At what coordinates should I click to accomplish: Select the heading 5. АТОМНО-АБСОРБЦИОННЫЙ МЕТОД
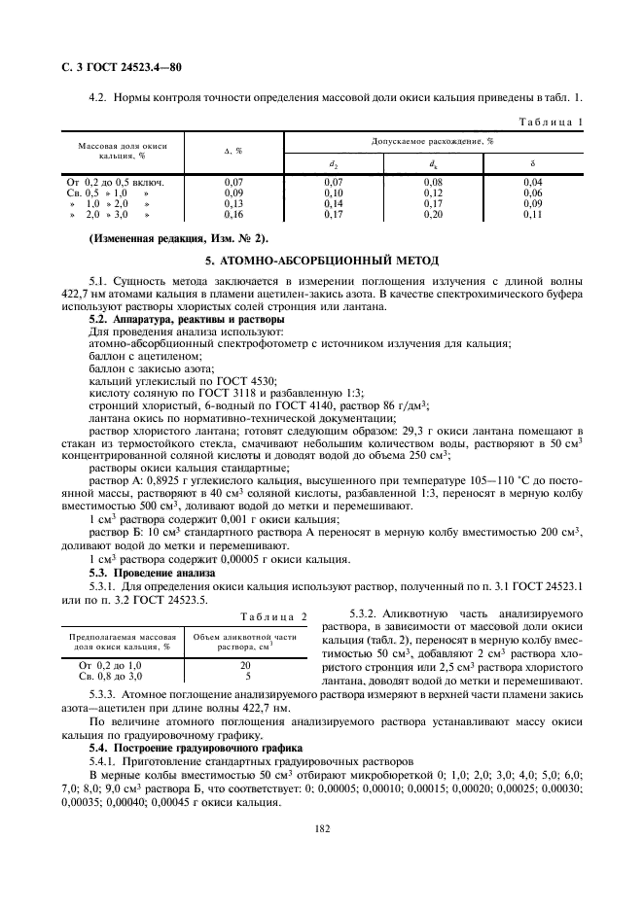pyautogui.click(x=322, y=262)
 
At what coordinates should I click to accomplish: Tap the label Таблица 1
pyautogui.click(x=553, y=122)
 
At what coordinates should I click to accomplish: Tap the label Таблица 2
pyautogui.click(x=276, y=616)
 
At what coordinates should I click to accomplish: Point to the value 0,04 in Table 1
pyautogui.click(x=532, y=182)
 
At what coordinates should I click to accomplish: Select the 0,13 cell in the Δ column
pyautogui.click(x=233, y=204)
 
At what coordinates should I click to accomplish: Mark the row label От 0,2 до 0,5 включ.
pyautogui.click(x=115, y=182)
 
